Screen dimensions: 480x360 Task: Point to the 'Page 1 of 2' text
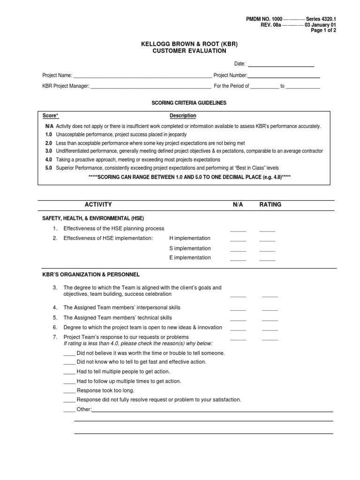(x=323, y=30)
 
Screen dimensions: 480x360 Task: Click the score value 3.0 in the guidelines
(x=49, y=151)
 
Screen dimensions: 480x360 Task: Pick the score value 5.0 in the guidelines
(x=49, y=168)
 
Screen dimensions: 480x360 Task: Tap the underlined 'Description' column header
(x=183, y=116)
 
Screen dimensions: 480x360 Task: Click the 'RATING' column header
(x=270, y=205)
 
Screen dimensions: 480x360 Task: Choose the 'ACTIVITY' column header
(x=98, y=205)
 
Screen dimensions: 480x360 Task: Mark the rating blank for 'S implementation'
(x=267, y=249)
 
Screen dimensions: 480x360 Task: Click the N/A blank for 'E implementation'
(x=238, y=259)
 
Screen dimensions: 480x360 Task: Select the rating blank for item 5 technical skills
(x=270, y=319)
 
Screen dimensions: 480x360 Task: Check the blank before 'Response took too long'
(x=69, y=391)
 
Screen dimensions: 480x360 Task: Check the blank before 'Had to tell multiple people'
(x=69, y=372)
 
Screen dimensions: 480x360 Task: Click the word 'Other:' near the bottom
(x=84, y=410)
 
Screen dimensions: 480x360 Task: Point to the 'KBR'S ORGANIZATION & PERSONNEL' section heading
(x=91, y=275)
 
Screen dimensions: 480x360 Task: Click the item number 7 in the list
(x=54, y=337)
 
